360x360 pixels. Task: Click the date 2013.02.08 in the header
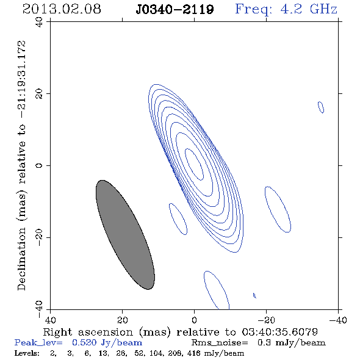tap(62, 9)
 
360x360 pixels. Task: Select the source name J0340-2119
tap(175, 9)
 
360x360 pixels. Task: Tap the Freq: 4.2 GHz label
tap(286, 9)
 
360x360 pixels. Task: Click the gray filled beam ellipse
tap(125, 235)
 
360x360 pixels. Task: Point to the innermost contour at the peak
tap(194, 164)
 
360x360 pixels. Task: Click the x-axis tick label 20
tap(122, 320)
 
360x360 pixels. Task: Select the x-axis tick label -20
tap(266, 320)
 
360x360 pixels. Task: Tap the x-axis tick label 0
tap(194, 320)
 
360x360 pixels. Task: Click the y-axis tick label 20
tap(39, 94)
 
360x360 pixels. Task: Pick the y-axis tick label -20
tap(39, 237)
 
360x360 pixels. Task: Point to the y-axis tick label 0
tap(39, 165)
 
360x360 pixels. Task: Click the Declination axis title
tap(21, 165)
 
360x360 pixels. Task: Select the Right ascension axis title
tap(181, 332)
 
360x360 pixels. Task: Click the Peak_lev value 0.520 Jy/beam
tap(107, 343)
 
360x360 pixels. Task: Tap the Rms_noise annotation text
tap(259, 343)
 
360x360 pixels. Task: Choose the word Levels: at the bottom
tap(27, 353)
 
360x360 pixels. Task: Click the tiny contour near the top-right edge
tap(321, 107)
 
